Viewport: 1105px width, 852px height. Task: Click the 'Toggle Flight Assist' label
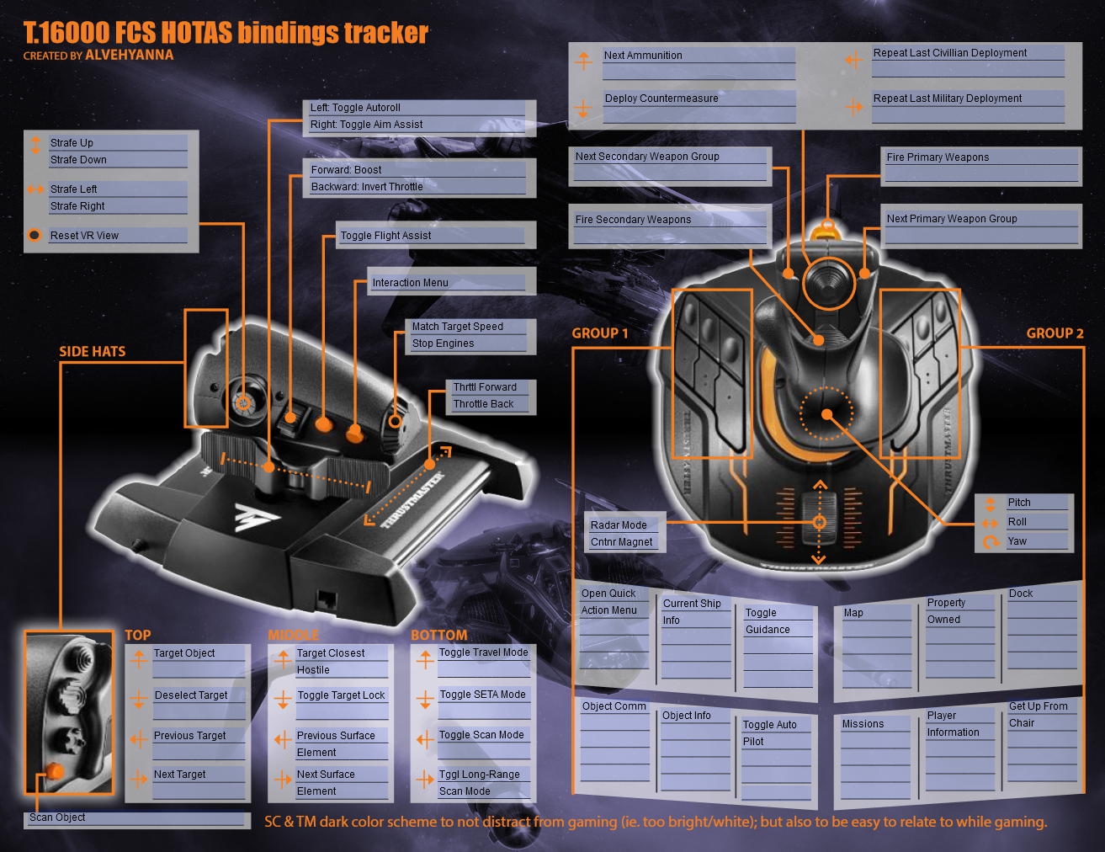[385, 236]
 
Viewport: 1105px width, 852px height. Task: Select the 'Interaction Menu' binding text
[410, 283]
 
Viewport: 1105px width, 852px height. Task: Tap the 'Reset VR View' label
[84, 236]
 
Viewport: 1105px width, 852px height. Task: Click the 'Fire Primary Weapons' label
[938, 157]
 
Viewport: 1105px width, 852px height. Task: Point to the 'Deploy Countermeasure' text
[661, 99]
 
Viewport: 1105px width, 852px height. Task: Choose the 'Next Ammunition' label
[643, 56]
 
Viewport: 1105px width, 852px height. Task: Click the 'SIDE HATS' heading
[92, 351]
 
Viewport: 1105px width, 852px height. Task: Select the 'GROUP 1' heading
[599, 333]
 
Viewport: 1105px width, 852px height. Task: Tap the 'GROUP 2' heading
[1055, 333]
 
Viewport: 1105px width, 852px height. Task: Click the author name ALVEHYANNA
[129, 55]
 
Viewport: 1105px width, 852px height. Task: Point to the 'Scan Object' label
[57, 817]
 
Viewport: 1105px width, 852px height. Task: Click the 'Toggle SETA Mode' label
[482, 695]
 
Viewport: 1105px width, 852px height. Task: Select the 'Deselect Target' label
[191, 695]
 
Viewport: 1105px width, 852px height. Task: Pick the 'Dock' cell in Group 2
[1021, 593]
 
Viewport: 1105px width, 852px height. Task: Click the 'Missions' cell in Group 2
[863, 724]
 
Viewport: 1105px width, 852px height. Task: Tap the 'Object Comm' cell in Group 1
[614, 706]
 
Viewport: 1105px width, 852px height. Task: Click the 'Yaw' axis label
[1017, 541]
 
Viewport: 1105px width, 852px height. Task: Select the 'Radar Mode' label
[619, 525]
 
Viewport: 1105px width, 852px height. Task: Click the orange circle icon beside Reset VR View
[35, 235]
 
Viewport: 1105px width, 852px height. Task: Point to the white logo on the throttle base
[257, 517]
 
